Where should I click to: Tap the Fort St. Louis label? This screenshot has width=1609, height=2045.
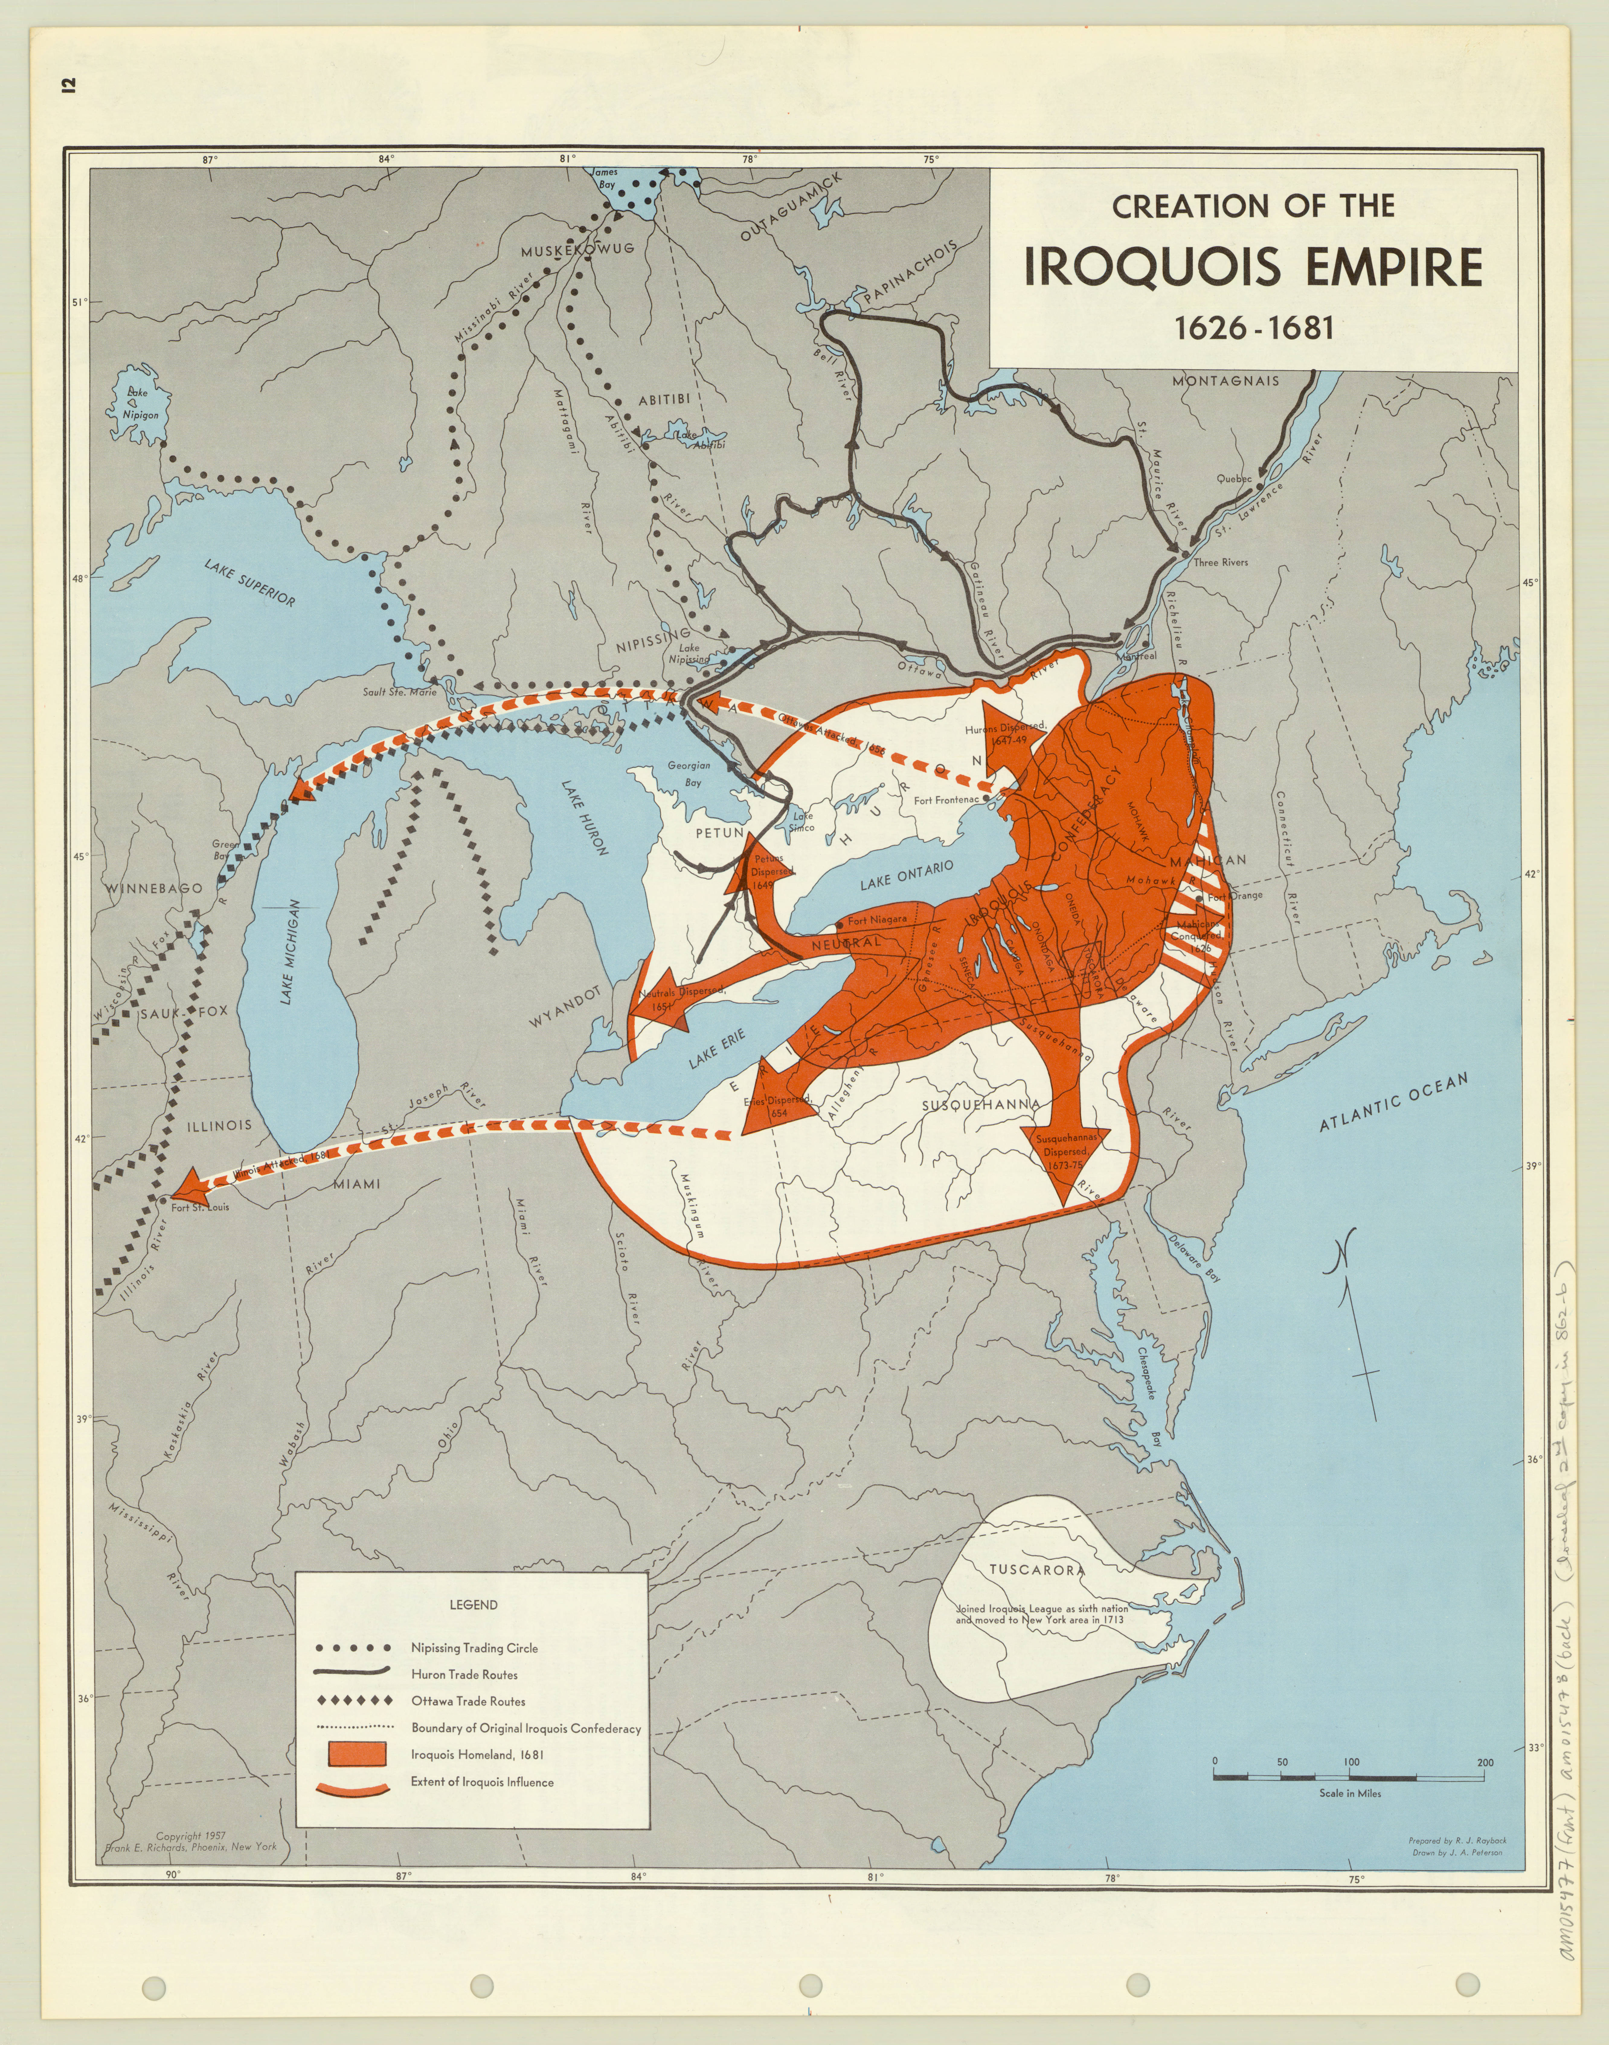[x=200, y=1207]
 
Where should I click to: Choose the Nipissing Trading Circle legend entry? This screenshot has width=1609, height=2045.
[x=474, y=1647]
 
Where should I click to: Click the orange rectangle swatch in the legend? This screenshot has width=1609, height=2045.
[x=357, y=1754]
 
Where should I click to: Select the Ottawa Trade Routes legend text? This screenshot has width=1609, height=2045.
[x=468, y=1701]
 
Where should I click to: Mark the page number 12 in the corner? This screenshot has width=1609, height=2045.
[x=68, y=87]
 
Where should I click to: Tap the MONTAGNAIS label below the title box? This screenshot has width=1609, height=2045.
[x=1225, y=380]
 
